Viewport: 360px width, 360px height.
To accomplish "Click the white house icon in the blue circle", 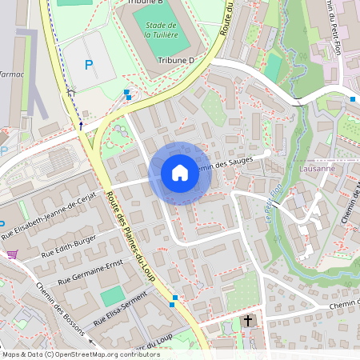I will coord(179,172).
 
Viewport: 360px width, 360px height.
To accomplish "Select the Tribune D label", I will coord(176,60).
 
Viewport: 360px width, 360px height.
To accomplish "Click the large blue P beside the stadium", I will coord(89,64).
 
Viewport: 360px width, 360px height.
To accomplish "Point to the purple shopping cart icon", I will coord(12,254).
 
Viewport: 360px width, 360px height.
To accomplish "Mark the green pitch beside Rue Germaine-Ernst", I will coord(113,297).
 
